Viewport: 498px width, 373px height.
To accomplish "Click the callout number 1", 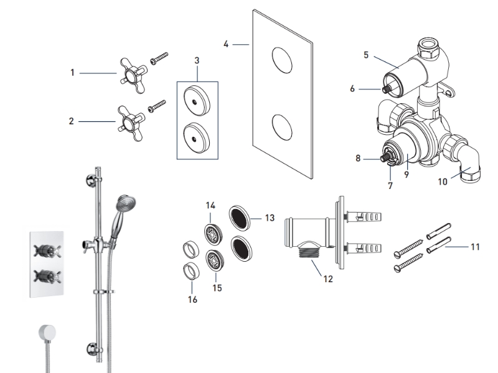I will point(72,73).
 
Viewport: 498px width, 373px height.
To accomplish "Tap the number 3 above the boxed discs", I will point(197,60).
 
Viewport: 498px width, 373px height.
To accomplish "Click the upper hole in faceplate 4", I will point(283,61).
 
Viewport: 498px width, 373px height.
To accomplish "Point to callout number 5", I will point(367,55).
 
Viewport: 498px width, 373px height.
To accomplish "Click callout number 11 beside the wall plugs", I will point(475,247).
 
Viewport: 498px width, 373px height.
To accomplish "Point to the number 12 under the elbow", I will point(328,279).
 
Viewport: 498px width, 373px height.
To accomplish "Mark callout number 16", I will point(192,300).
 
